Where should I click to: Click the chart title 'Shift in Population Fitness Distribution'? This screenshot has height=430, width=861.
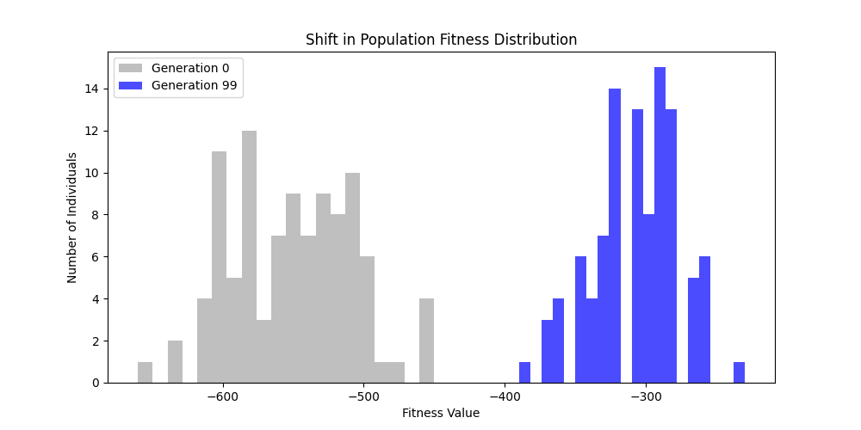pyautogui.click(x=441, y=40)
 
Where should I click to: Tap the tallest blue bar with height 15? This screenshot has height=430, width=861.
pyautogui.click(x=660, y=225)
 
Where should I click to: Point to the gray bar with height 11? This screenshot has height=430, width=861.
pyautogui.click(x=219, y=267)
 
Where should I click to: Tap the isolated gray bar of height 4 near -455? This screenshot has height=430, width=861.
pyautogui.click(x=426, y=341)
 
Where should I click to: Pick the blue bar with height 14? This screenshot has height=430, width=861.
pyautogui.click(x=615, y=236)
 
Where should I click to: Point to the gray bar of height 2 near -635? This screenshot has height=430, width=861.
pyautogui.click(x=175, y=362)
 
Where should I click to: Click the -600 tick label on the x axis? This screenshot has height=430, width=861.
pyautogui.click(x=224, y=398)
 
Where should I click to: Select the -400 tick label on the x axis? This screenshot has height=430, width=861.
pyautogui.click(x=505, y=398)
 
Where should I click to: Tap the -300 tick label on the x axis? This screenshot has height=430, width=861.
pyautogui.click(x=645, y=398)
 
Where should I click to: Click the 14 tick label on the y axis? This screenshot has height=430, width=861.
pyautogui.click(x=90, y=89)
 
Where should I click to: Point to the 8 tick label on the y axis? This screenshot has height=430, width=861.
pyautogui.click(x=94, y=215)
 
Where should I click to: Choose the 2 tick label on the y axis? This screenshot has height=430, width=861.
pyautogui.click(x=94, y=341)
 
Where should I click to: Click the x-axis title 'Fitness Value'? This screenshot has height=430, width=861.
pyautogui.click(x=441, y=413)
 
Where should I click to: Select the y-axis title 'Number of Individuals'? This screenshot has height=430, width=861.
pyautogui.click(x=72, y=218)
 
